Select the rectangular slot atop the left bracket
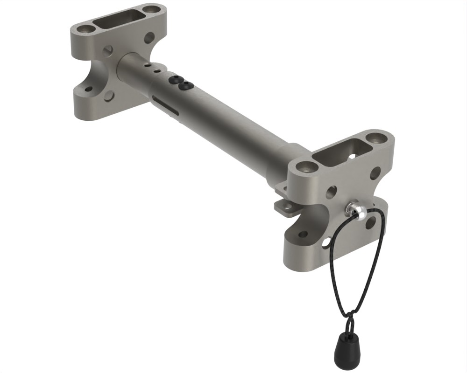[119, 18]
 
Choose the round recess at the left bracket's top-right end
[150, 9]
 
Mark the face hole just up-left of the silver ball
[331, 191]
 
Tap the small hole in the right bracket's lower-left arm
[303, 235]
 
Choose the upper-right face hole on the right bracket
[375, 174]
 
